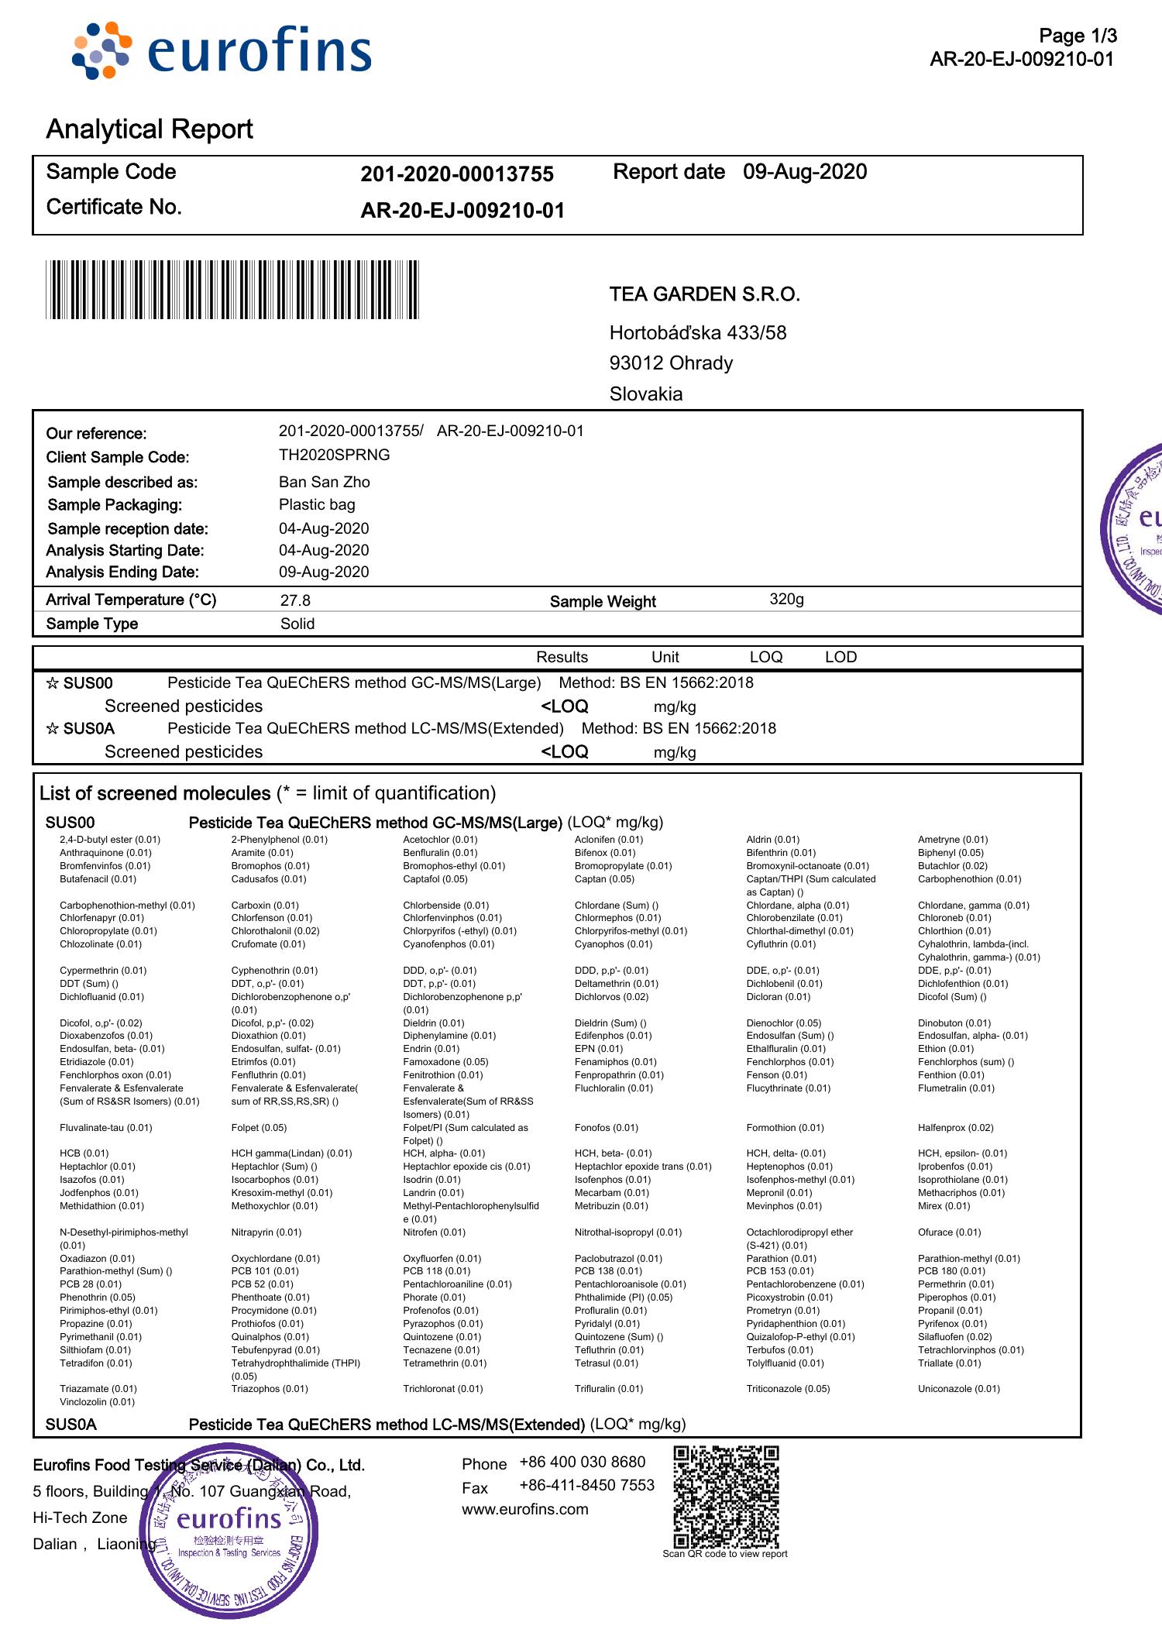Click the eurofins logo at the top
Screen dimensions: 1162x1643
(222, 50)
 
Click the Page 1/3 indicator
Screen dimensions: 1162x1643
(1078, 36)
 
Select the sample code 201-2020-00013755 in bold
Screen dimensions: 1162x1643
(457, 174)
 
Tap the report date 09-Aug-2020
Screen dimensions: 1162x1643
(805, 172)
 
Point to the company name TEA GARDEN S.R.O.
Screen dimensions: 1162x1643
(704, 294)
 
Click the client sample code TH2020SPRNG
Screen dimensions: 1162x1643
(334, 455)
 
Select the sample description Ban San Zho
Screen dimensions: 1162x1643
(324, 482)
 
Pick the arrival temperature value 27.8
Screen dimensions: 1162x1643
(295, 600)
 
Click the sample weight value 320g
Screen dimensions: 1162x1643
(786, 599)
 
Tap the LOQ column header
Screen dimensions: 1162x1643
(765, 657)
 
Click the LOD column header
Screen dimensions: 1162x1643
(841, 657)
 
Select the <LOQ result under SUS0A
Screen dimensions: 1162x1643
(564, 751)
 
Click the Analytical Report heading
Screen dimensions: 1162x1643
(150, 129)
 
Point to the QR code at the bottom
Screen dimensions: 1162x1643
(726, 1496)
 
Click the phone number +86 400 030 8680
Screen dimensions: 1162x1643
(582, 1462)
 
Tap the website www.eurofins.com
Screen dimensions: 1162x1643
(524, 1509)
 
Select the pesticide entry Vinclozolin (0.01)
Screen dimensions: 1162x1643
(97, 1402)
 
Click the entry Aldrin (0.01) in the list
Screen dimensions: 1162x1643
(772, 840)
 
